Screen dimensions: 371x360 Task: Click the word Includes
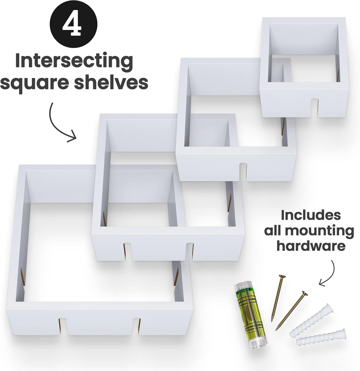pyautogui.click(x=310, y=215)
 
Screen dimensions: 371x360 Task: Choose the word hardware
pyautogui.click(x=310, y=246)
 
